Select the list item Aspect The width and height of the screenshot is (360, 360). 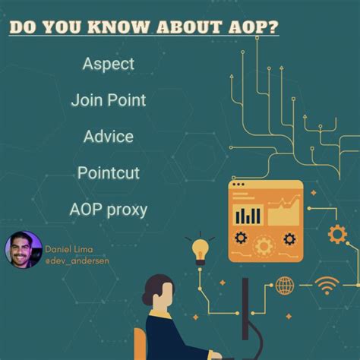coord(108,64)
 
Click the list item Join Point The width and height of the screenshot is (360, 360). coord(108,99)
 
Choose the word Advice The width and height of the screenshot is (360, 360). coord(109,137)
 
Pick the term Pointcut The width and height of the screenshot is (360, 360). coord(108,173)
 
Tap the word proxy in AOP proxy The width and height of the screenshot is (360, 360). coord(125,210)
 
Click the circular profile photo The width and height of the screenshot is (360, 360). coord(23,251)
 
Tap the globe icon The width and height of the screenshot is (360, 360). coord(285,286)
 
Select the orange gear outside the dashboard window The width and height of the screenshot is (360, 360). coord(337,233)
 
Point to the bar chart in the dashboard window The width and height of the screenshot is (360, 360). coord(248,214)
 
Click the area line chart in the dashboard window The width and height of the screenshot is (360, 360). coord(283,210)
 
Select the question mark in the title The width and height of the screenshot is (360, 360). coord(273,27)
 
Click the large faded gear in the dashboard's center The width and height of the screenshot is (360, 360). coord(264,245)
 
